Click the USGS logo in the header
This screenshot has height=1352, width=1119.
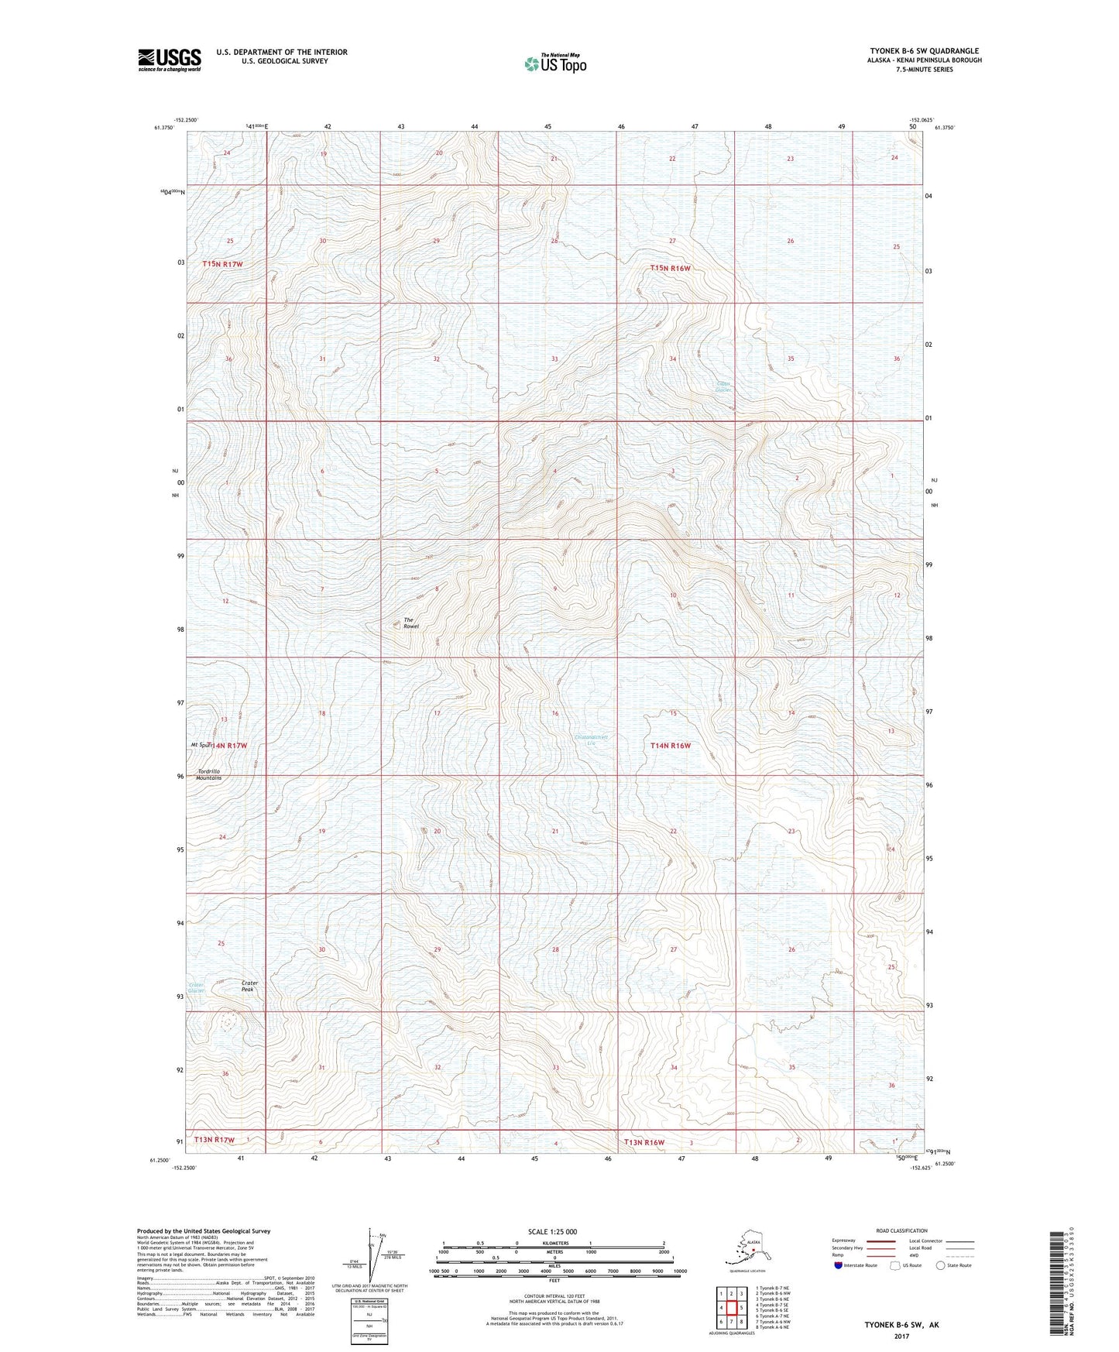pyautogui.click(x=170, y=60)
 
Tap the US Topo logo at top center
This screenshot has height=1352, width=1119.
pyautogui.click(x=554, y=63)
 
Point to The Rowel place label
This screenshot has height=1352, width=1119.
pyautogui.click(x=410, y=622)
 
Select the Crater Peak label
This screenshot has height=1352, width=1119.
pyautogui.click(x=249, y=986)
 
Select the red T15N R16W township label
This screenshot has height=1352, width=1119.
pyautogui.click(x=670, y=268)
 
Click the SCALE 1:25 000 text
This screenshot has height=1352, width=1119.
pyautogui.click(x=553, y=1231)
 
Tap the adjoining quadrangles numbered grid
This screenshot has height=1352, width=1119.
pyautogui.click(x=730, y=1308)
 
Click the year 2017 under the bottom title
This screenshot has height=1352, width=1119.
pyautogui.click(x=901, y=1336)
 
